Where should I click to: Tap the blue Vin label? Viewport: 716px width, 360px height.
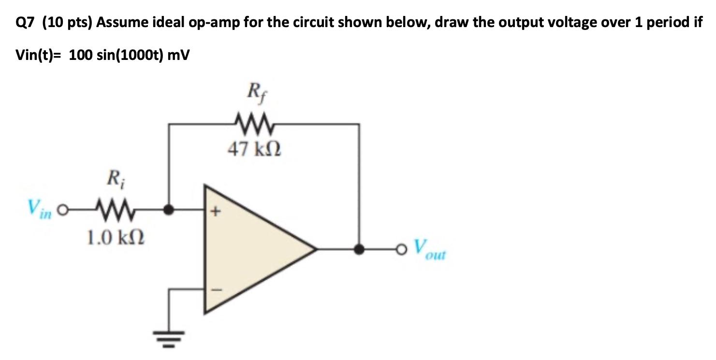pos(40,209)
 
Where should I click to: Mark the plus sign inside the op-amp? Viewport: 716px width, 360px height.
pos(215,211)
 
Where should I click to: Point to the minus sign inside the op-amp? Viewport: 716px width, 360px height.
pos(215,290)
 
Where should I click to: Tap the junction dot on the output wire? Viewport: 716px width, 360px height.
pos(359,250)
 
